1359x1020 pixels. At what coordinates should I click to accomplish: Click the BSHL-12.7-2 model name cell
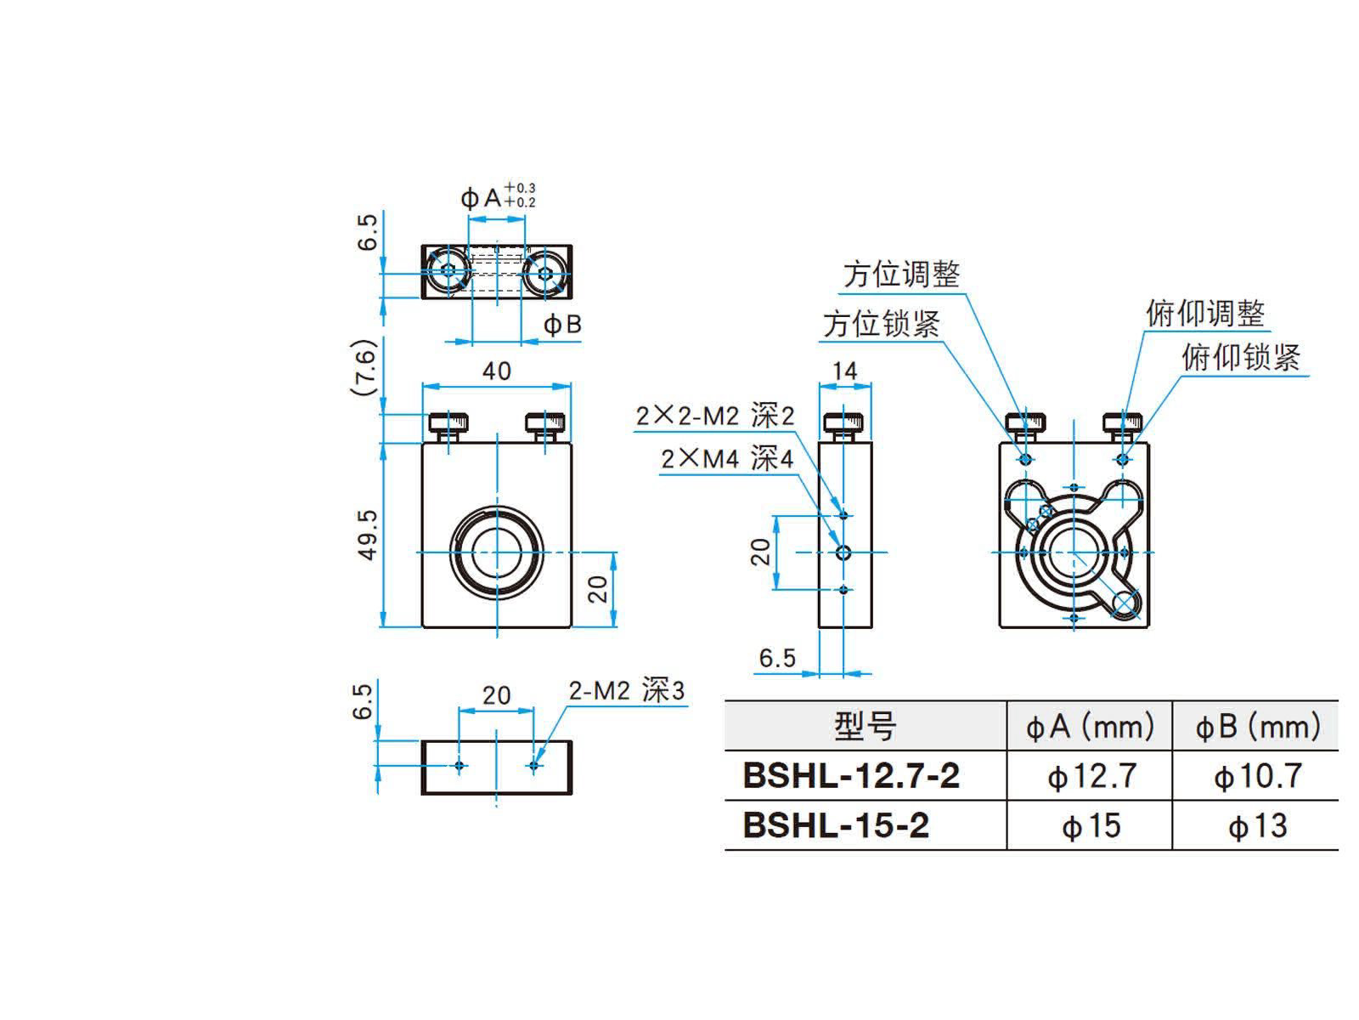tap(851, 775)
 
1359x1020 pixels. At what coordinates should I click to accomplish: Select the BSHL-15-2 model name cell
tap(837, 825)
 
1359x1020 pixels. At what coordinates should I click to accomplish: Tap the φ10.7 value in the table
tap(1257, 775)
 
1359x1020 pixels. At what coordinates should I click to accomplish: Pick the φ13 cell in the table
tap(1257, 825)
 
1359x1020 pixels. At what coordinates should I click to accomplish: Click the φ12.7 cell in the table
tap(1091, 775)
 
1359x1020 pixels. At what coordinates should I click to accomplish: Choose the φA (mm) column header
tap(1091, 727)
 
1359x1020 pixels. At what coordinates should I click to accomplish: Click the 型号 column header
tap(865, 727)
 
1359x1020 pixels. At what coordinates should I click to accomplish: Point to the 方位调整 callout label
tap(901, 275)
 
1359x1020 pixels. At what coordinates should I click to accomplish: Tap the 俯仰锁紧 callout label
tap(1240, 357)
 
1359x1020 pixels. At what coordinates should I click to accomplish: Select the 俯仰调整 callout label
tap(1204, 314)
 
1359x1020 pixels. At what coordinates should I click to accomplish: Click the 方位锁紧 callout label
tap(882, 324)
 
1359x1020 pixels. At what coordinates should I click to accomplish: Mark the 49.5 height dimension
tap(367, 535)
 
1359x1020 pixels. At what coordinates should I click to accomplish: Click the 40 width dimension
tap(497, 371)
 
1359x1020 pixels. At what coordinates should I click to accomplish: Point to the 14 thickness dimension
tap(844, 371)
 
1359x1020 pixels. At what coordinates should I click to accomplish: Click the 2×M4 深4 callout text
tap(727, 460)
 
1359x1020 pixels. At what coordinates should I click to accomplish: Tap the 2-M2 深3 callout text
tap(626, 691)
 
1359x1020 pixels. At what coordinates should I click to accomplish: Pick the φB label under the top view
tap(562, 325)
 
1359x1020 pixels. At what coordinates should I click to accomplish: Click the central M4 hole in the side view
tap(843, 552)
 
